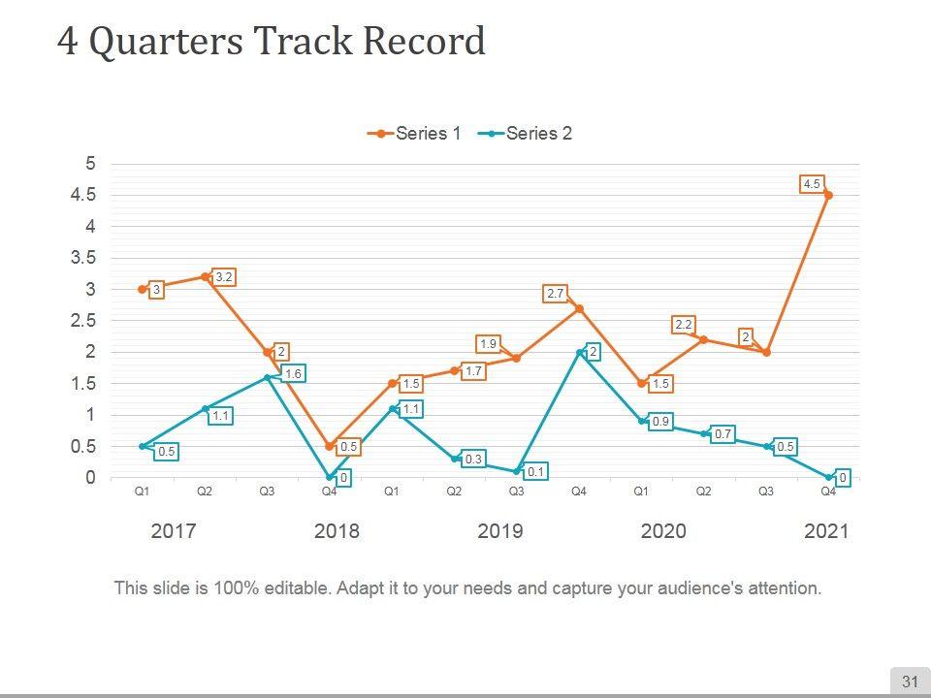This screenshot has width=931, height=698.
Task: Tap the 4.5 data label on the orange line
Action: tap(812, 184)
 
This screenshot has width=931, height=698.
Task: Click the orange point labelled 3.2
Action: tap(205, 276)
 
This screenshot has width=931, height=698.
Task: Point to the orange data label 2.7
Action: tap(556, 293)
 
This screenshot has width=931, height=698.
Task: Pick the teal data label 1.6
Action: tap(293, 373)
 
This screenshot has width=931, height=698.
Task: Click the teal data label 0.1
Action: tap(535, 472)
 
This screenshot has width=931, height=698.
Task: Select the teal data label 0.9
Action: tap(659, 422)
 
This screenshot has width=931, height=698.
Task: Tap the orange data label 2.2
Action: tap(683, 325)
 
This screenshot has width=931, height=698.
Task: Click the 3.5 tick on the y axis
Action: tap(84, 258)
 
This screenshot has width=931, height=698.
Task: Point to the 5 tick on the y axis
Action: tap(91, 164)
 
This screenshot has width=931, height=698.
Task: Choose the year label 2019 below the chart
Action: tap(500, 531)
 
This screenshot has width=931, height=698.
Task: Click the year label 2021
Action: tap(826, 531)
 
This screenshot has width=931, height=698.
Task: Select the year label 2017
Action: tap(175, 531)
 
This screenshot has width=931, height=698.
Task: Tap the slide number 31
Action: tap(910, 682)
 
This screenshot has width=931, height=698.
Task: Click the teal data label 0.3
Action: tap(473, 459)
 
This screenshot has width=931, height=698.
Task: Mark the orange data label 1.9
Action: tap(489, 344)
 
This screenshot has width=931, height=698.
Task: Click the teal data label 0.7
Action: tap(722, 434)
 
